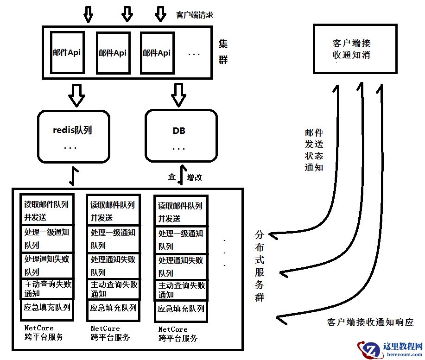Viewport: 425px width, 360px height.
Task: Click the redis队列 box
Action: click(73, 136)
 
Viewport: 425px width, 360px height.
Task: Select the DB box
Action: click(181, 136)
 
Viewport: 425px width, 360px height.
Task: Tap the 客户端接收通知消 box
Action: click(355, 49)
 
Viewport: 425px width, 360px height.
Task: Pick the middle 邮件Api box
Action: click(112, 52)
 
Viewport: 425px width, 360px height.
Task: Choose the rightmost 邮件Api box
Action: click(157, 52)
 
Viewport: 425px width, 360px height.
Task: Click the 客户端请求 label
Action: click(195, 15)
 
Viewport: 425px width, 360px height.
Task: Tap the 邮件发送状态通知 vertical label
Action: click(314, 150)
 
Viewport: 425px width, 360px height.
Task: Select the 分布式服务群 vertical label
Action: click(260, 266)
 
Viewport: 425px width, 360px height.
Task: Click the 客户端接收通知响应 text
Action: click(370, 322)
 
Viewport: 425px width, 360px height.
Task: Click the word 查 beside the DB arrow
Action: click(172, 177)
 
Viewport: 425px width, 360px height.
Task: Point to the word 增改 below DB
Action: click(194, 177)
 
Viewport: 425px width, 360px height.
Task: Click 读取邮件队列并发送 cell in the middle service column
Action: click(112, 210)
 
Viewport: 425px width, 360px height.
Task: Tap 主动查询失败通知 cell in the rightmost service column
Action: click(180, 290)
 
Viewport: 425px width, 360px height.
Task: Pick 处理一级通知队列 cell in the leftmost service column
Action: click(47, 239)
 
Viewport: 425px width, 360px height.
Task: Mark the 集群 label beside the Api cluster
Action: click(223, 52)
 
